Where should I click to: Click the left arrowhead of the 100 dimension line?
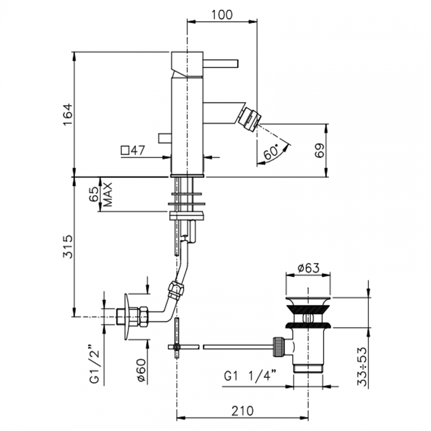(191, 22)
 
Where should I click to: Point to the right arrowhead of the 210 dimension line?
(304, 418)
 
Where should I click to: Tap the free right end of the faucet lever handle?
(238, 63)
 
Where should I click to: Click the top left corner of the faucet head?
(172, 52)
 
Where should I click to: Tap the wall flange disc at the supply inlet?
(127, 320)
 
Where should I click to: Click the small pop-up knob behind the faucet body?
(165, 138)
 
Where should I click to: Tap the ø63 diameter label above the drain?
(308, 268)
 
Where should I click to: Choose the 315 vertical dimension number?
(68, 247)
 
